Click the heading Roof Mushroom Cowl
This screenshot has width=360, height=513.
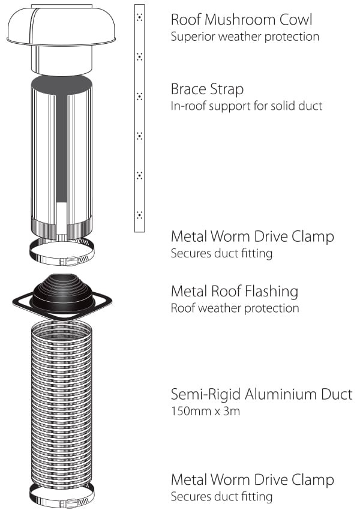click(x=242, y=20)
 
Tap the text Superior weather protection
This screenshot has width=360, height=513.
click(x=245, y=37)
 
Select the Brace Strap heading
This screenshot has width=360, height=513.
click(x=207, y=89)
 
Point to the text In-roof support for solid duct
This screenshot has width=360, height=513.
click(x=247, y=106)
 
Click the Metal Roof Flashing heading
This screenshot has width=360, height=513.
click(x=235, y=291)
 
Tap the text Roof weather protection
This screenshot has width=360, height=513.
click(x=235, y=308)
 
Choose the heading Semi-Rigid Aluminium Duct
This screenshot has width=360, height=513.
click(x=262, y=394)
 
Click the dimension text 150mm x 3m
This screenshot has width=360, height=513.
click(x=206, y=411)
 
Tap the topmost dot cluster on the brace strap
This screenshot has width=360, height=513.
click(x=140, y=17)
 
